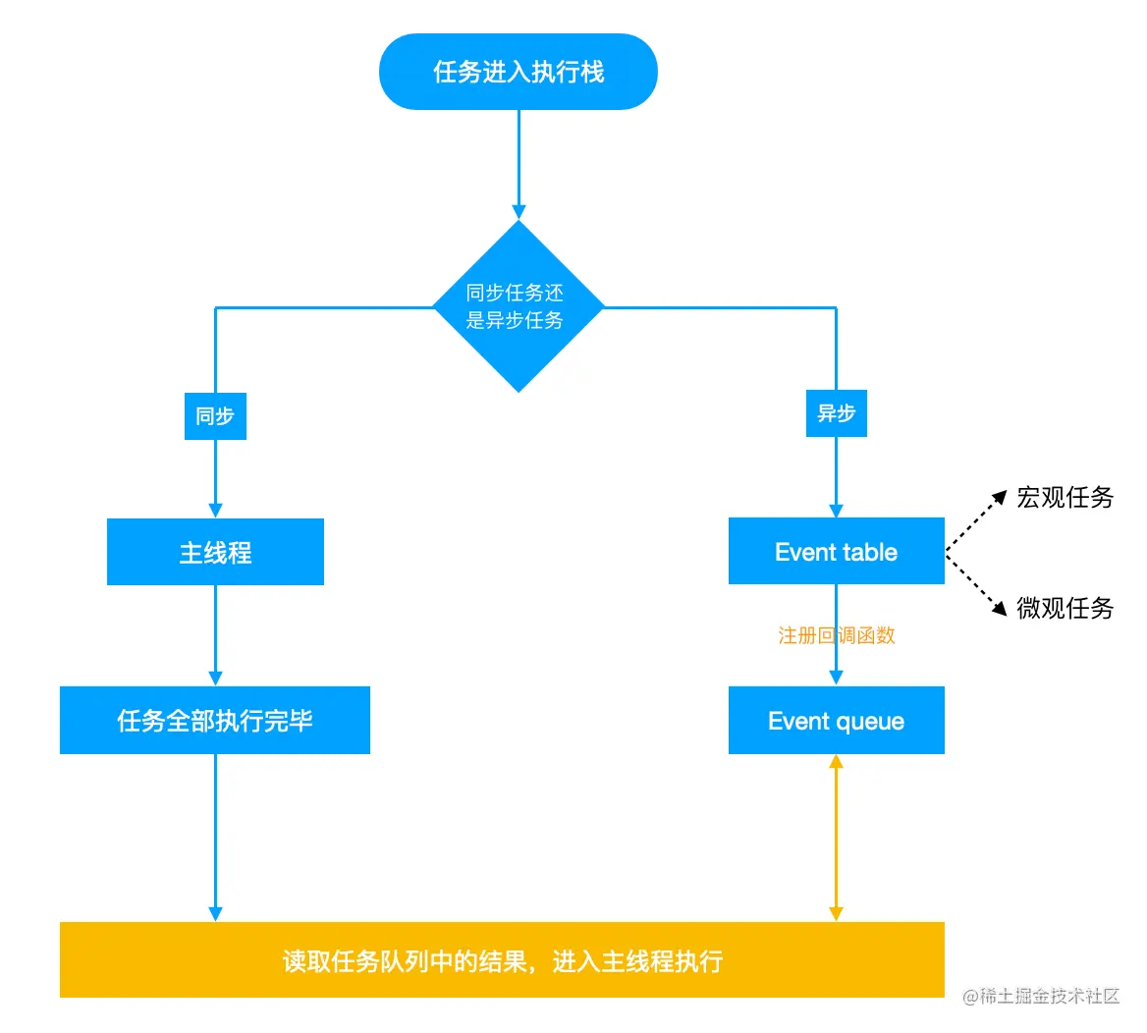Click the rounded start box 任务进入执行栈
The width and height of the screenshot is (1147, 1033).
pos(518,72)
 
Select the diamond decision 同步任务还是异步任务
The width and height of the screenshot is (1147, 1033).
pos(518,306)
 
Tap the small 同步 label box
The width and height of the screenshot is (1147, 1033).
pos(215,416)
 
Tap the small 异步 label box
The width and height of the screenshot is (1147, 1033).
pos(836,413)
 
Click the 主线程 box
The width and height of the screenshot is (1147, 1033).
pos(215,552)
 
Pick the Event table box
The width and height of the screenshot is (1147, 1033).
pos(836,552)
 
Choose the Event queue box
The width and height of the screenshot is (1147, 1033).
pos(836,721)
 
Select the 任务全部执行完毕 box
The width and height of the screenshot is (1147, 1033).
pos(215,721)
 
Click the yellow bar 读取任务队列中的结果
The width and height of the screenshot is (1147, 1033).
pos(502,959)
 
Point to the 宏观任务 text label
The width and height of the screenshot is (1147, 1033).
pos(1065,498)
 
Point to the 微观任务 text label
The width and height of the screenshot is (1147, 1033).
pos(1065,609)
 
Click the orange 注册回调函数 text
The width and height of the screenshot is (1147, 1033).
pos(836,636)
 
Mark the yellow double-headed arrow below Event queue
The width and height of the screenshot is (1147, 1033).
pos(836,838)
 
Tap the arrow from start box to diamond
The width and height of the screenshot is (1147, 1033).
pos(519,162)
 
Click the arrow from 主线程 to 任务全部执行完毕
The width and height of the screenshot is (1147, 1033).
pos(215,633)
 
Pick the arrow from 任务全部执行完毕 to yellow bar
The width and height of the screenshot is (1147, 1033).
pos(215,835)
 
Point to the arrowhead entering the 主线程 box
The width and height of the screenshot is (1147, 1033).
pos(215,510)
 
